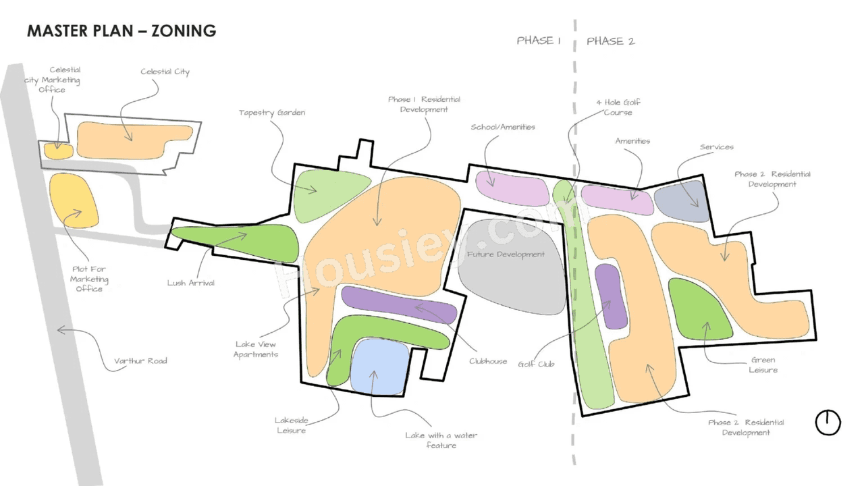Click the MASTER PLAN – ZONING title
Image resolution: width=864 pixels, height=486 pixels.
tap(122, 31)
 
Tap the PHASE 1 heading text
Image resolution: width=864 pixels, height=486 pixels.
tap(539, 40)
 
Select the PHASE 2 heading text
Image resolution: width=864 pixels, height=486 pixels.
tap(610, 41)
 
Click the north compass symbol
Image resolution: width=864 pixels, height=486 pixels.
tap(828, 423)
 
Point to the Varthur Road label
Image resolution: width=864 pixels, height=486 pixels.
tap(140, 361)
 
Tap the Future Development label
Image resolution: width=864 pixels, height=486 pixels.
tap(506, 254)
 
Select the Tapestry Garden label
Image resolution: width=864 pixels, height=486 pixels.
tap(272, 113)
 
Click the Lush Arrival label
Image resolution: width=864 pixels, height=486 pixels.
tap(191, 283)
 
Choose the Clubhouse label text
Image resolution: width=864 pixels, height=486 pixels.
tap(488, 361)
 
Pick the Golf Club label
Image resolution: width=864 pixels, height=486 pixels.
tap(536, 364)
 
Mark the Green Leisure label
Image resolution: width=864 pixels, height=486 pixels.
tap(763, 365)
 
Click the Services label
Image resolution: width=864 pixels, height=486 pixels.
tap(716, 147)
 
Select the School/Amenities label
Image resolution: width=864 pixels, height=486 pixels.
tap(503, 127)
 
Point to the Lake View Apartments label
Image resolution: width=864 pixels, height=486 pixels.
tap(256, 349)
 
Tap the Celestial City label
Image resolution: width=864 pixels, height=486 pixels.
tap(165, 72)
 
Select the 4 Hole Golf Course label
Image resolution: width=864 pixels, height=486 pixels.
tap(618, 107)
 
